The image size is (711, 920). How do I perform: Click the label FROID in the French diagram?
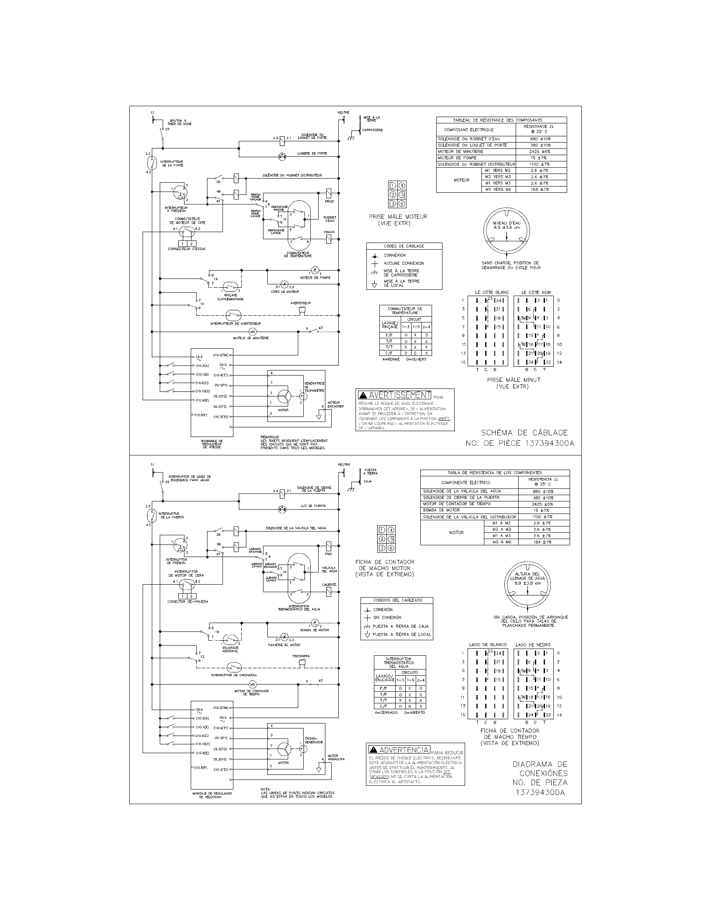[329, 202]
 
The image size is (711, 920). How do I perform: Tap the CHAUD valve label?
[329, 232]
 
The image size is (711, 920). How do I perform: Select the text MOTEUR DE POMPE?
[315, 278]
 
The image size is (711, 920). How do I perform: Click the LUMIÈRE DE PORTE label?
[312, 153]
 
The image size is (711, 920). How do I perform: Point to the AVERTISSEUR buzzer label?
[301, 303]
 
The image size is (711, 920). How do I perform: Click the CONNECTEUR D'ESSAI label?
[186, 249]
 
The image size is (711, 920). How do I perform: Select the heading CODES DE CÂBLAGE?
[404, 246]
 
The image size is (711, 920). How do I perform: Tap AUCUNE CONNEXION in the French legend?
[404, 263]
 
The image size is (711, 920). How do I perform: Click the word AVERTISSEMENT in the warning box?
[399, 395]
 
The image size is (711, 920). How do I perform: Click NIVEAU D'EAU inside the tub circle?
[506, 223]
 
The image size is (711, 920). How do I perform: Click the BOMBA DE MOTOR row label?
[441, 510]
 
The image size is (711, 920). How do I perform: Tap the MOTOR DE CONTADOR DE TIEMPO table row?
[452, 504]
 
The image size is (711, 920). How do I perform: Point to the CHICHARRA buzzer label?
[301, 656]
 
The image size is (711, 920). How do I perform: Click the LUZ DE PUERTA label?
[313, 506]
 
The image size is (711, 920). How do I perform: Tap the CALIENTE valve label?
[329, 585]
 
